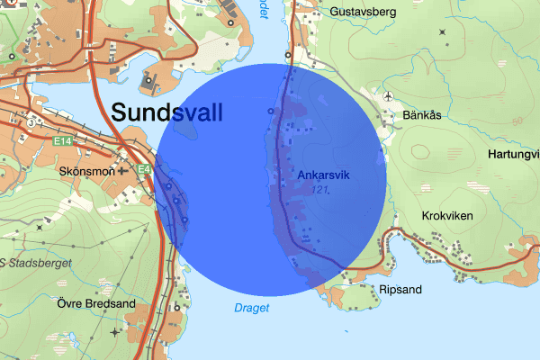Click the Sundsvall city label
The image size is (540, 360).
point(166,113)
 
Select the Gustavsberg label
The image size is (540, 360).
point(340,11)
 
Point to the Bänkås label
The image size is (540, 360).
point(421,115)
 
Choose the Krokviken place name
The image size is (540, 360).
point(447,216)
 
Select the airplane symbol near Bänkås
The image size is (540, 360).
point(388,96)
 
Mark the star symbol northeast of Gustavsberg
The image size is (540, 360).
point(443,32)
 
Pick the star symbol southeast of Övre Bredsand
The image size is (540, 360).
point(114,333)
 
